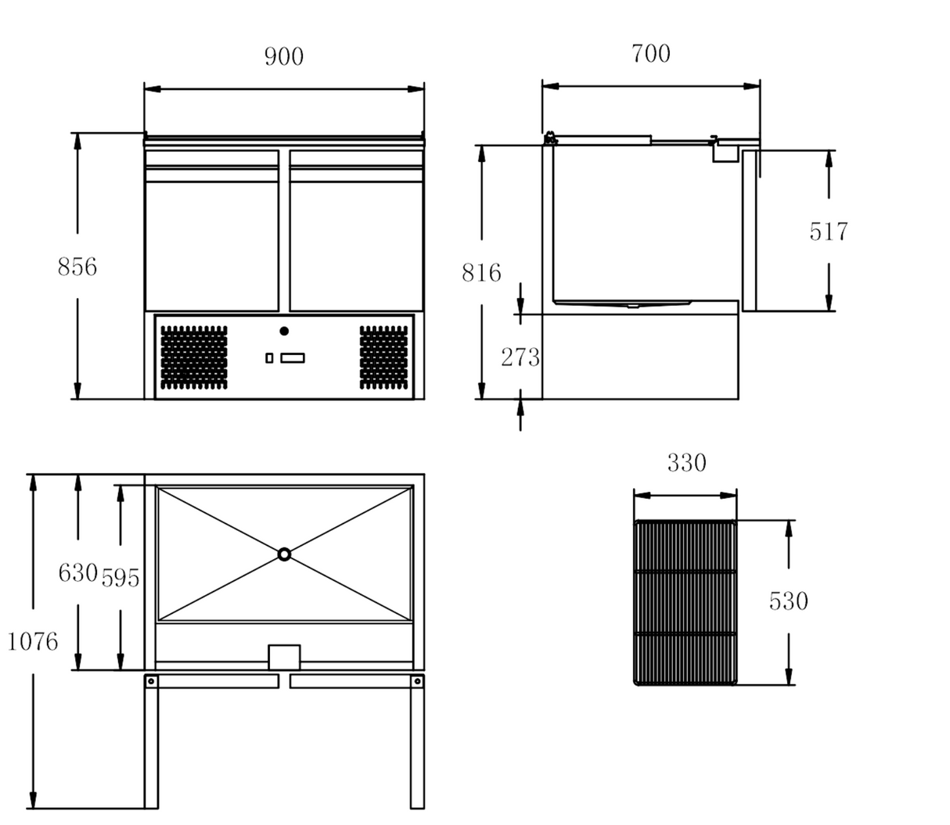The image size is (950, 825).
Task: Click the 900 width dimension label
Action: click(x=283, y=57)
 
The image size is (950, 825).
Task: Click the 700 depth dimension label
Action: click(x=650, y=54)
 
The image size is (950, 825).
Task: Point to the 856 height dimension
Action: click(x=77, y=267)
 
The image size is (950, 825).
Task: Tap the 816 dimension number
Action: click(x=480, y=273)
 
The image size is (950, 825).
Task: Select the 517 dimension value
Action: click(x=828, y=232)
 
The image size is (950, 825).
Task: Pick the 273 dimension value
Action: click(x=520, y=357)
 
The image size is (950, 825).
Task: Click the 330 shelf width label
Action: click(x=686, y=464)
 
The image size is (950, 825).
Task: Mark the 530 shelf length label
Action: click(x=788, y=601)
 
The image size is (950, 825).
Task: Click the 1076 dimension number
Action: click(x=33, y=642)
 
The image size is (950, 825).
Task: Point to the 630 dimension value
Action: click(x=77, y=573)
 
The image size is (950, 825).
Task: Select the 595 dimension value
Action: click(x=120, y=578)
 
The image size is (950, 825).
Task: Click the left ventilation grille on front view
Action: click(x=194, y=357)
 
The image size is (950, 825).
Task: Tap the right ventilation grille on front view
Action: click(x=383, y=357)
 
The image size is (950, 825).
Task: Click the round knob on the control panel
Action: click(x=284, y=331)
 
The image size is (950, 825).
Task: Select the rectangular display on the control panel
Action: click(x=293, y=358)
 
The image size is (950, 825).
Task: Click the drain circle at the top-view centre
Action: click(x=284, y=554)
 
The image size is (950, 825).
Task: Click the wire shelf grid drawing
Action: click(x=686, y=602)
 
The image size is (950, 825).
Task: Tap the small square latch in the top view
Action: click(x=284, y=656)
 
